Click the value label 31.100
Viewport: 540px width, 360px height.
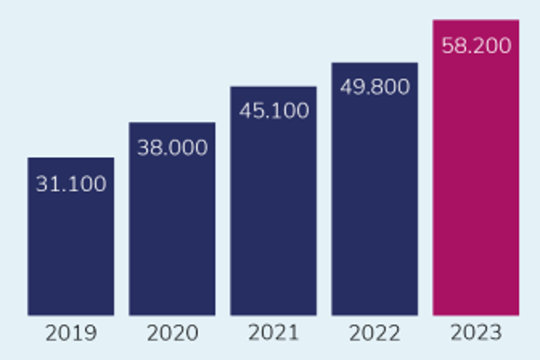[71, 184]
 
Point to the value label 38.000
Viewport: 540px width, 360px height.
[172, 149]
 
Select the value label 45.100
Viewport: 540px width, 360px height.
[273, 111]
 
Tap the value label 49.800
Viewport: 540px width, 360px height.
[375, 88]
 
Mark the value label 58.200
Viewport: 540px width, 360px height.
[476, 46]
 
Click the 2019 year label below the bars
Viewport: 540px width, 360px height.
[71, 333]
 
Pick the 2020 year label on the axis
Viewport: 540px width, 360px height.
[172, 333]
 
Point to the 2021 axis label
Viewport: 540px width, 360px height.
[273, 332]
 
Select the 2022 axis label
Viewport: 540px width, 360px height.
[375, 333]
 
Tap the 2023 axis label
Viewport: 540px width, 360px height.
[476, 332]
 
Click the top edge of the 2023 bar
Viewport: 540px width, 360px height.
[476, 21]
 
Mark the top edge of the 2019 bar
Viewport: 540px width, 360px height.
[71, 159]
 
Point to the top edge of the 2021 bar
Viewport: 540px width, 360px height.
[273, 87]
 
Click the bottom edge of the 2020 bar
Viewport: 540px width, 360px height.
[172, 314]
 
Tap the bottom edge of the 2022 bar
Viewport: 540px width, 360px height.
[375, 314]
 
